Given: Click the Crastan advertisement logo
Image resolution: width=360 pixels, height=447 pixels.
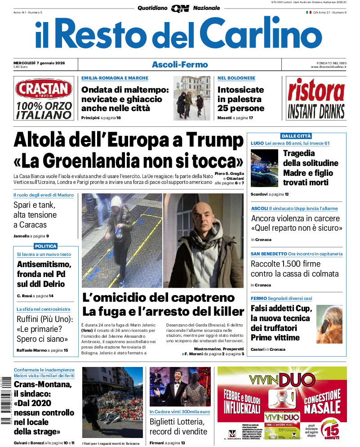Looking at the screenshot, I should point(44,89).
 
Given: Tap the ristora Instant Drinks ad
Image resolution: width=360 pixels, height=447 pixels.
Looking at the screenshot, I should point(316,98).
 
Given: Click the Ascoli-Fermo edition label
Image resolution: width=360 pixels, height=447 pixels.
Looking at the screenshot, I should point(180,65).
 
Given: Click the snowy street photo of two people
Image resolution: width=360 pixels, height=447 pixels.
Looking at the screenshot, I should point(192,98).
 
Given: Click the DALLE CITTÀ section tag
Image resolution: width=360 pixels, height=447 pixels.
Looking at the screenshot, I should point(296,136).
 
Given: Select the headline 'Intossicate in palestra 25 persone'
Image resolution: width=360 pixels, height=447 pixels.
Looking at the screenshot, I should point(240,99).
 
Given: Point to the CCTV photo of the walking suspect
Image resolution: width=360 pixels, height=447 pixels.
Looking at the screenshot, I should point(122,241).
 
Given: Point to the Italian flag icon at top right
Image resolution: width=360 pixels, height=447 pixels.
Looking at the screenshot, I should point(308,13).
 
